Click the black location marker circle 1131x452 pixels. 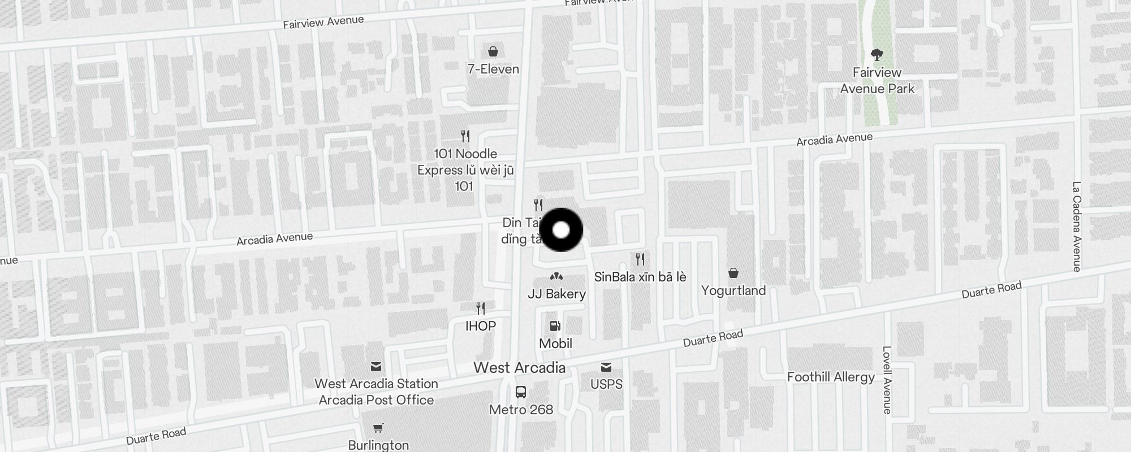coord(561,230)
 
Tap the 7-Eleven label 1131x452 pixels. coord(493,69)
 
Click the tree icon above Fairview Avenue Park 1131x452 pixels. coord(877,55)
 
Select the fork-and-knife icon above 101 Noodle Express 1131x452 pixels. coord(465,136)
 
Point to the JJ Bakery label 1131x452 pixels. coord(556,294)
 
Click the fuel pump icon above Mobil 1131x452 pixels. coord(555,326)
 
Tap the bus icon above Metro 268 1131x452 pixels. coord(521,392)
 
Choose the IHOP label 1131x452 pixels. coord(481,326)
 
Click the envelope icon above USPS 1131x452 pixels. coord(606,367)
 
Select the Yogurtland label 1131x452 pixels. coord(733,290)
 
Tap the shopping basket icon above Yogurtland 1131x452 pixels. coord(733,273)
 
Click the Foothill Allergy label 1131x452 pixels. coord(831,377)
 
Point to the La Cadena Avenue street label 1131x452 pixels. coord(1077,226)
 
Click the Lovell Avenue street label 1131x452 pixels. coord(887,380)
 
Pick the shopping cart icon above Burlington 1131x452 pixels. coord(378,428)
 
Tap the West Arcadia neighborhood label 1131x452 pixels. coord(519,368)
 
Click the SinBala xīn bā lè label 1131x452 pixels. coord(640,277)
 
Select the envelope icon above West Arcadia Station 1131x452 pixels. coord(376,367)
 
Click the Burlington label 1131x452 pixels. coord(378,445)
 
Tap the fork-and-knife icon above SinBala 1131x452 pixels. coord(640,259)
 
